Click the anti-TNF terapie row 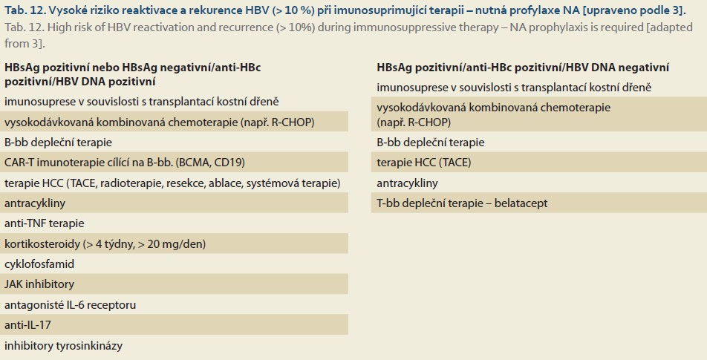pos(45,223)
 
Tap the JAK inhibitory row pos(39,284)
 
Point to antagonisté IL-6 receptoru pos(70,304)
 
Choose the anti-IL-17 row pos(27,325)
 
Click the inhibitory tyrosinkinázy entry pos(63,345)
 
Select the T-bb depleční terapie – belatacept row pos(462,203)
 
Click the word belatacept pos(521,203)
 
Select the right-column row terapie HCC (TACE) pos(424,163)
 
